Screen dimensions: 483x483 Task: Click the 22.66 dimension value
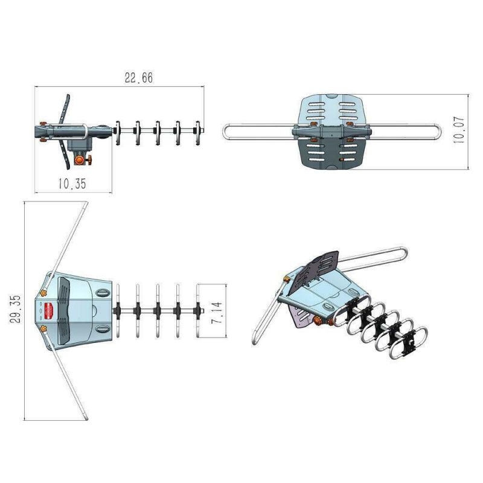point(138,78)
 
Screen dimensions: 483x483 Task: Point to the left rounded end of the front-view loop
point(226,131)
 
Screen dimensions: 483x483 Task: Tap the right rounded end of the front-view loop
point(440,131)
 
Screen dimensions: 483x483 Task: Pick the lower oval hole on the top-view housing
point(103,330)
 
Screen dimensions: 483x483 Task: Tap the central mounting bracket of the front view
point(330,130)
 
